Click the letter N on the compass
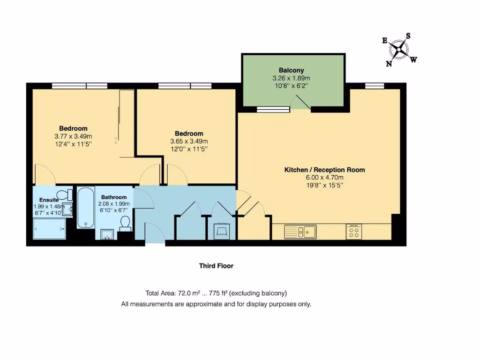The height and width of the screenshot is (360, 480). tap(389, 64)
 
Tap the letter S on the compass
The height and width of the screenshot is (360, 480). tap(408, 36)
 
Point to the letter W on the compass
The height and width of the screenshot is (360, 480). tap(413, 60)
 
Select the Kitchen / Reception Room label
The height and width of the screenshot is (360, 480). tap(324, 170)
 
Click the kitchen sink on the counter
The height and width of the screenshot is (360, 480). tap(300, 231)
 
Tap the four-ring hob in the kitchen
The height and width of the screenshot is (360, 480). tap(354, 231)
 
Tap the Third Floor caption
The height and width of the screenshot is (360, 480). tap(216, 266)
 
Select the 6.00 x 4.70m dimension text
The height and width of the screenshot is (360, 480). tap(324, 178)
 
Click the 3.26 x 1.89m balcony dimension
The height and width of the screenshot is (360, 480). tap(292, 78)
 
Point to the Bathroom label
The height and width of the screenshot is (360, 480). tap(114, 197)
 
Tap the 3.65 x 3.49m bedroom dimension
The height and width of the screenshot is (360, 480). tap(189, 141)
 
